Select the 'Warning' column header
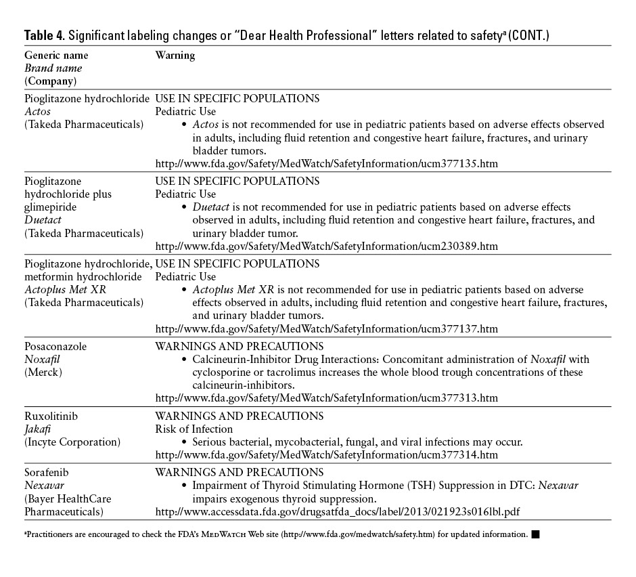(x=175, y=56)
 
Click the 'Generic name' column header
(x=56, y=56)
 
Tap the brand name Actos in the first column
(x=38, y=112)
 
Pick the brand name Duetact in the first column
(x=43, y=220)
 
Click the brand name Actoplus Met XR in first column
(x=63, y=290)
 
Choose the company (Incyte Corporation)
(x=72, y=442)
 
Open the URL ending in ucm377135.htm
(x=327, y=164)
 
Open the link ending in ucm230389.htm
(x=327, y=247)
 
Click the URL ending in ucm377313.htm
(x=327, y=398)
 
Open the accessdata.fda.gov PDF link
(x=338, y=511)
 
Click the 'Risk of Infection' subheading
(x=194, y=429)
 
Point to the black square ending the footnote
(x=535, y=535)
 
